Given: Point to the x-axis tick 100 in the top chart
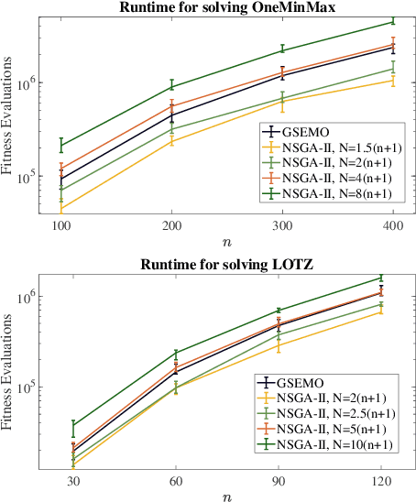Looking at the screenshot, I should [60, 225].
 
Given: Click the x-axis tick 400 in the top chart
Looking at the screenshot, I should [393, 225].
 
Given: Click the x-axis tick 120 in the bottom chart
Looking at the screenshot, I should [381, 481].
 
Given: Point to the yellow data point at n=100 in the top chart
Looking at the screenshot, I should [60, 210].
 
